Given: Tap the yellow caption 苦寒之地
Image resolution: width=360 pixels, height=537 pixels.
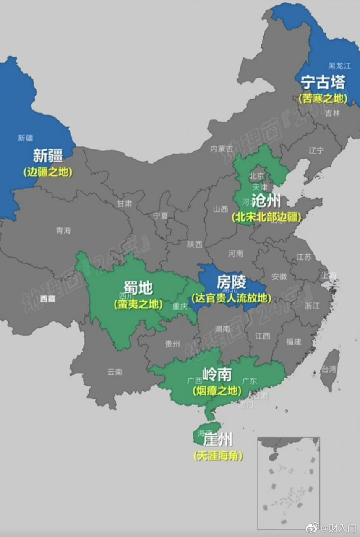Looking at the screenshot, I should tap(323, 99).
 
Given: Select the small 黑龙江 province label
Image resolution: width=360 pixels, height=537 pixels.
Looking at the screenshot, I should tap(339, 66).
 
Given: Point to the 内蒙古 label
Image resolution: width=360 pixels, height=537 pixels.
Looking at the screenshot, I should tap(222, 149).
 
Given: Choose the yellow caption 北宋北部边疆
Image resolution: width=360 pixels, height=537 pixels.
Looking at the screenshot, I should tap(266, 217).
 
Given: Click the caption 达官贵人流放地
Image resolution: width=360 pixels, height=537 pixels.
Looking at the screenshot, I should tap(231, 298).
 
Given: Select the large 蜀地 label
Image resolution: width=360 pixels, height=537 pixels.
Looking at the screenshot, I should tap(138, 288).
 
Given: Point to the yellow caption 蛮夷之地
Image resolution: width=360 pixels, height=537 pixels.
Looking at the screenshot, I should tap(138, 304).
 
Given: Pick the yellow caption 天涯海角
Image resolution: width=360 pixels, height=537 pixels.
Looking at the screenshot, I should tap(218, 456).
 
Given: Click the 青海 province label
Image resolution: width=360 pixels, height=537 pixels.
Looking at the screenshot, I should tap(63, 230).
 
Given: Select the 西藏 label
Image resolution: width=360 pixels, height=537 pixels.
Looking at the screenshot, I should tap(47, 299).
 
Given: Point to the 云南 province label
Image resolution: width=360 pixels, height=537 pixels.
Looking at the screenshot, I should tap(115, 372).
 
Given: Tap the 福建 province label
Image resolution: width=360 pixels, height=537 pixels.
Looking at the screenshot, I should tap(294, 341).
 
